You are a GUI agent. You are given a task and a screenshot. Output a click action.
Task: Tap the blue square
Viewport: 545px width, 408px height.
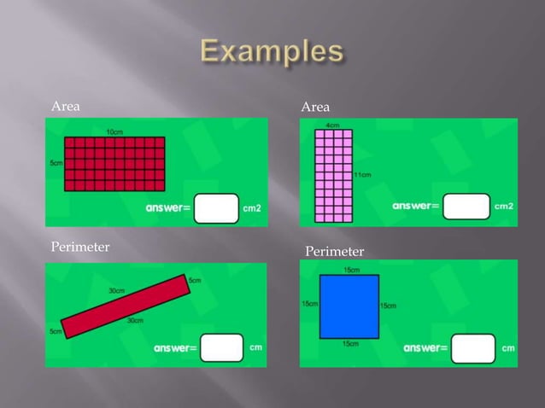tap(349, 306)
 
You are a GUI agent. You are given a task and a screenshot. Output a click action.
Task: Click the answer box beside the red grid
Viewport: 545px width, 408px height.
tap(216, 207)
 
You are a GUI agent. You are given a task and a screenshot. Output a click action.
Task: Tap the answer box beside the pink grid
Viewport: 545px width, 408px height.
tap(466, 206)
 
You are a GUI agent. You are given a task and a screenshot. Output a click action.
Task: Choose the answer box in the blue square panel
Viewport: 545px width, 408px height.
tap(472, 347)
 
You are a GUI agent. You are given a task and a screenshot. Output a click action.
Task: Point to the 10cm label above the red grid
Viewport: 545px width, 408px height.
tap(114, 131)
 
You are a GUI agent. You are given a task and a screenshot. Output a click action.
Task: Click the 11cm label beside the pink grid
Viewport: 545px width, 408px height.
tap(362, 175)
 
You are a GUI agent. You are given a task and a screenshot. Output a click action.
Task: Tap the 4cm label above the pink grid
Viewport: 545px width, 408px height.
tap(332, 125)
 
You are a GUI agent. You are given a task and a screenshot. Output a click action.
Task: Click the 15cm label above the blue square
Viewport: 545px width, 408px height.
tap(351, 270)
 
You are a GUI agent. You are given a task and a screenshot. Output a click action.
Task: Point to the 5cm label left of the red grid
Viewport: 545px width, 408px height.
tap(55, 162)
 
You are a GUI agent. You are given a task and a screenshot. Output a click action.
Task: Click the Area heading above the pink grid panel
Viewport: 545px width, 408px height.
tap(315, 107)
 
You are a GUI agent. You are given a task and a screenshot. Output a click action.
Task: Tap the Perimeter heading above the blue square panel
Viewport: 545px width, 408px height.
tap(335, 251)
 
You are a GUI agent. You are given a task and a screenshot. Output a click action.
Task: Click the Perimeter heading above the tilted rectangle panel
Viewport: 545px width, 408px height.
tap(81, 248)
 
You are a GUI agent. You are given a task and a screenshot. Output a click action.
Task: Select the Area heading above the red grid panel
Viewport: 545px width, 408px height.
tap(67, 107)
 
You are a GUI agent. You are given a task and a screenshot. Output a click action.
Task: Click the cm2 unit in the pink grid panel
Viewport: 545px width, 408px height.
tap(504, 207)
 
